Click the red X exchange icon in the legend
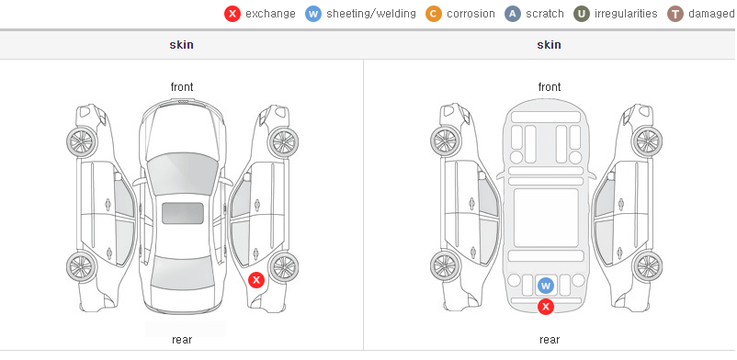[x=232, y=14]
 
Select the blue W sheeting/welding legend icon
[x=313, y=14]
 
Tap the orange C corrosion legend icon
[x=434, y=14]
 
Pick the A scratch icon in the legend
[x=513, y=14]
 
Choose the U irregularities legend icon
[x=582, y=14]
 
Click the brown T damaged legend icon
[x=675, y=14]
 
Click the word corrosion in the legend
[x=471, y=14]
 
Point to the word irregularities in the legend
[x=626, y=14]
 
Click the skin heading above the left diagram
[x=181, y=45]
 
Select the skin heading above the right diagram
[x=549, y=45]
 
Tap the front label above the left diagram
[x=182, y=87]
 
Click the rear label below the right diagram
[x=550, y=340]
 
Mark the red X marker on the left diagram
[x=256, y=281]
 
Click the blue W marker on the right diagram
[x=546, y=286]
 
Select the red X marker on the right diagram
[x=546, y=307]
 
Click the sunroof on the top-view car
[x=183, y=213]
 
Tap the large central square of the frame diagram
[x=546, y=218]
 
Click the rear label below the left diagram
[x=182, y=340]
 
